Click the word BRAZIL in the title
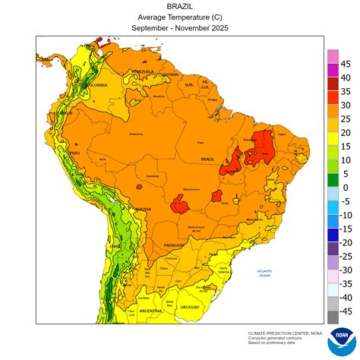pos(179,6)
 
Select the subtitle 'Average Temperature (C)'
pos(179,17)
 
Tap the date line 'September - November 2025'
pos(179,27)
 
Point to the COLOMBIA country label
pos(96,86)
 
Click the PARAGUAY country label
pos(174,245)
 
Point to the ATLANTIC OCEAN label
pos(264,273)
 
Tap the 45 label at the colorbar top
pos(345,64)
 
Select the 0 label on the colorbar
pos(346,188)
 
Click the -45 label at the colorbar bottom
pos(345,311)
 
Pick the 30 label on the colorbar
pos(345,105)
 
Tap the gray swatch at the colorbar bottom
pos(332,317)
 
